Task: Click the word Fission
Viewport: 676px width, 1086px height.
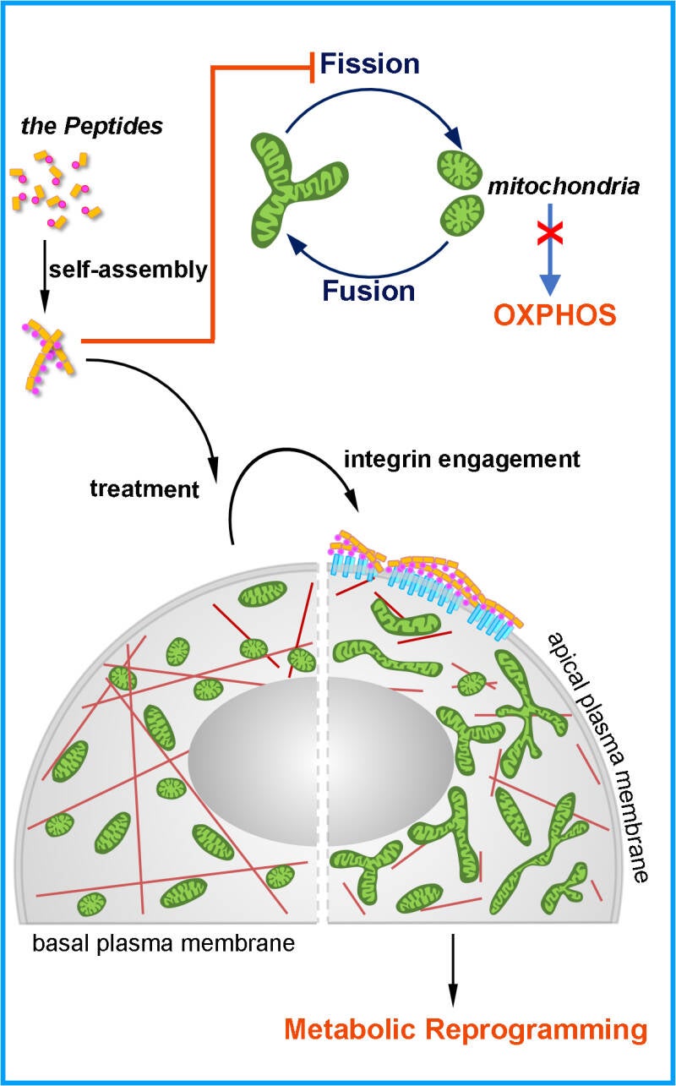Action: point(370,64)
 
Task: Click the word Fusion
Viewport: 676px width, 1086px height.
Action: point(368,291)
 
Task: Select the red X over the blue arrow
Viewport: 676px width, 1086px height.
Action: point(551,233)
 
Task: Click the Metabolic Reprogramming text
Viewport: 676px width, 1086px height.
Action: point(466,1030)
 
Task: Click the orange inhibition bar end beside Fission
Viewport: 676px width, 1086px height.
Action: point(313,65)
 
